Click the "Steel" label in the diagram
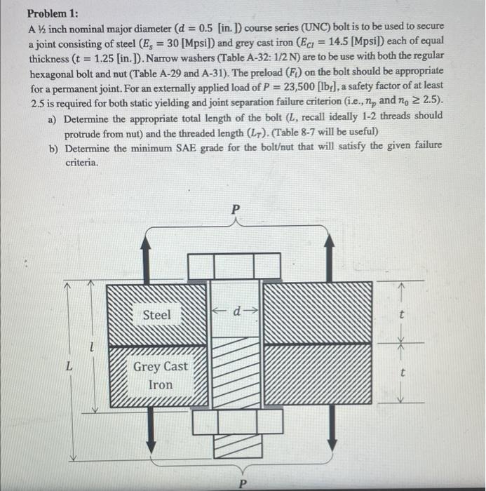coord(156,315)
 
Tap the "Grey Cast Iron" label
coord(160,376)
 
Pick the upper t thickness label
coord(400,316)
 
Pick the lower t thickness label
coord(400,376)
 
